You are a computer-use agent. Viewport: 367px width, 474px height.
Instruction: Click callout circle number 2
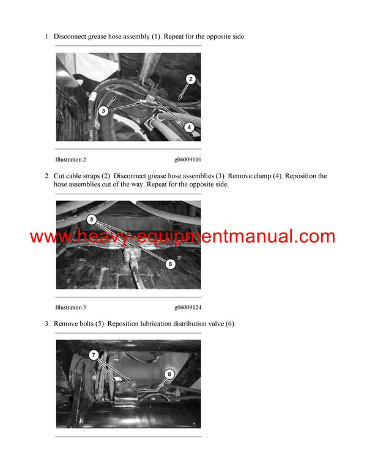pyautogui.click(x=190, y=79)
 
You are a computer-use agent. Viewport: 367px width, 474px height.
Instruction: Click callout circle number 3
pyautogui.click(x=105, y=111)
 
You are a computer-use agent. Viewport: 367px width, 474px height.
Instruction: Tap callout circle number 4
pyautogui.click(x=190, y=127)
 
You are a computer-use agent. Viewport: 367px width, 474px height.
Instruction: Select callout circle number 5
pyautogui.click(x=91, y=217)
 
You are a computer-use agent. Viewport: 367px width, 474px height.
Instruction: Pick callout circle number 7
pyautogui.click(x=94, y=354)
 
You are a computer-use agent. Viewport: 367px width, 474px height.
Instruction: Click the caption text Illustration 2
pyautogui.click(x=70, y=159)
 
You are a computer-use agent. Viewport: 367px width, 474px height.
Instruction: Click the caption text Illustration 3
pyautogui.click(x=70, y=307)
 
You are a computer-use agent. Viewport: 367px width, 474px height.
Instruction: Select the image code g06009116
pyautogui.click(x=187, y=159)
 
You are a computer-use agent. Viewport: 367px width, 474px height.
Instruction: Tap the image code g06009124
pyautogui.click(x=187, y=307)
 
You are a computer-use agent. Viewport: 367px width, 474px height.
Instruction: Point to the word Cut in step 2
pyautogui.click(x=59, y=176)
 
